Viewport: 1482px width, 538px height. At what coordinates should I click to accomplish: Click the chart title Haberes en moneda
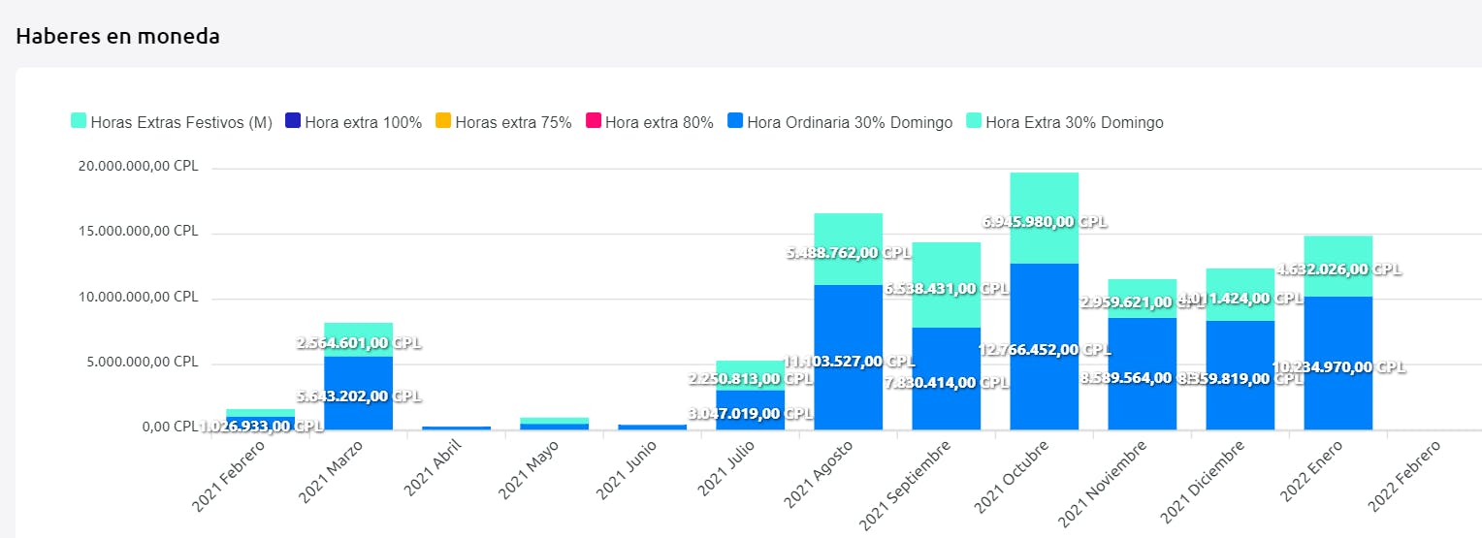pyautogui.click(x=117, y=37)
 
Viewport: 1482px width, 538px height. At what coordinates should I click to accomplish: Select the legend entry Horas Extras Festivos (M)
pyautogui.click(x=172, y=122)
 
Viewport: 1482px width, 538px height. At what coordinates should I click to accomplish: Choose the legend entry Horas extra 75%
pyautogui.click(x=503, y=122)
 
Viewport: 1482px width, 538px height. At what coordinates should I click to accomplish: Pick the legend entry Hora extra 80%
pyautogui.click(x=649, y=122)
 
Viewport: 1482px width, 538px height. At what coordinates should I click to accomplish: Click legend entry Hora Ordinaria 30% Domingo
pyautogui.click(x=840, y=122)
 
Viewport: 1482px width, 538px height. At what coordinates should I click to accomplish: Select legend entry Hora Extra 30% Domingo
pyautogui.click(x=1065, y=122)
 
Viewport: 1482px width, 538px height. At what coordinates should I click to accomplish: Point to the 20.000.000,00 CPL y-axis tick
pyautogui.click(x=138, y=166)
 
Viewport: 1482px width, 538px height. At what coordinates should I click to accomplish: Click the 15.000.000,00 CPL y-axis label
pyautogui.click(x=138, y=232)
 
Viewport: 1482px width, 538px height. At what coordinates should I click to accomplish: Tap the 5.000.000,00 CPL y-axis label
pyautogui.click(x=142, y=362)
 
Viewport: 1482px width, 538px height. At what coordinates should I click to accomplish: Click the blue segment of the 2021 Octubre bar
pyautogui.click(x=1044, y=388)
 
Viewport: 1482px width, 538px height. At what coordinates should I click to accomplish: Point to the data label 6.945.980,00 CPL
pyautogui.click(x=1043, y=222)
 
